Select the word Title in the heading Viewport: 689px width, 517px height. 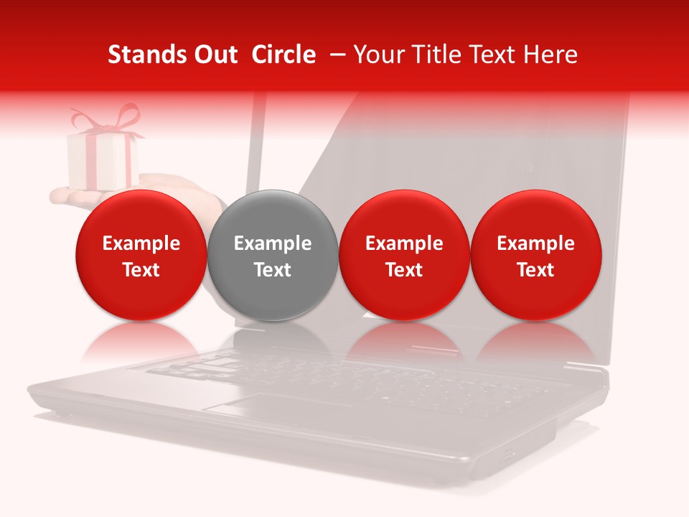pyautogui.click(x=434, y=55)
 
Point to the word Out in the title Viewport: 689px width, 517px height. pyautogui.click(x=215, y=55)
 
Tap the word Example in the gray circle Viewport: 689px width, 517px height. pyautogui.click(x=273, y=243)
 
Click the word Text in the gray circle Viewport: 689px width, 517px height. pyautogui.click(x=273, y=270)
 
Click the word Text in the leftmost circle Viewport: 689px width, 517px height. pyautogui.click(x=141, y=270)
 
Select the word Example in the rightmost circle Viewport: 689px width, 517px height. pyautogui.click(x=536, y=243)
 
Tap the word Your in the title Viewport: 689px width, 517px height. pyautogui.click(x=378, y=55)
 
